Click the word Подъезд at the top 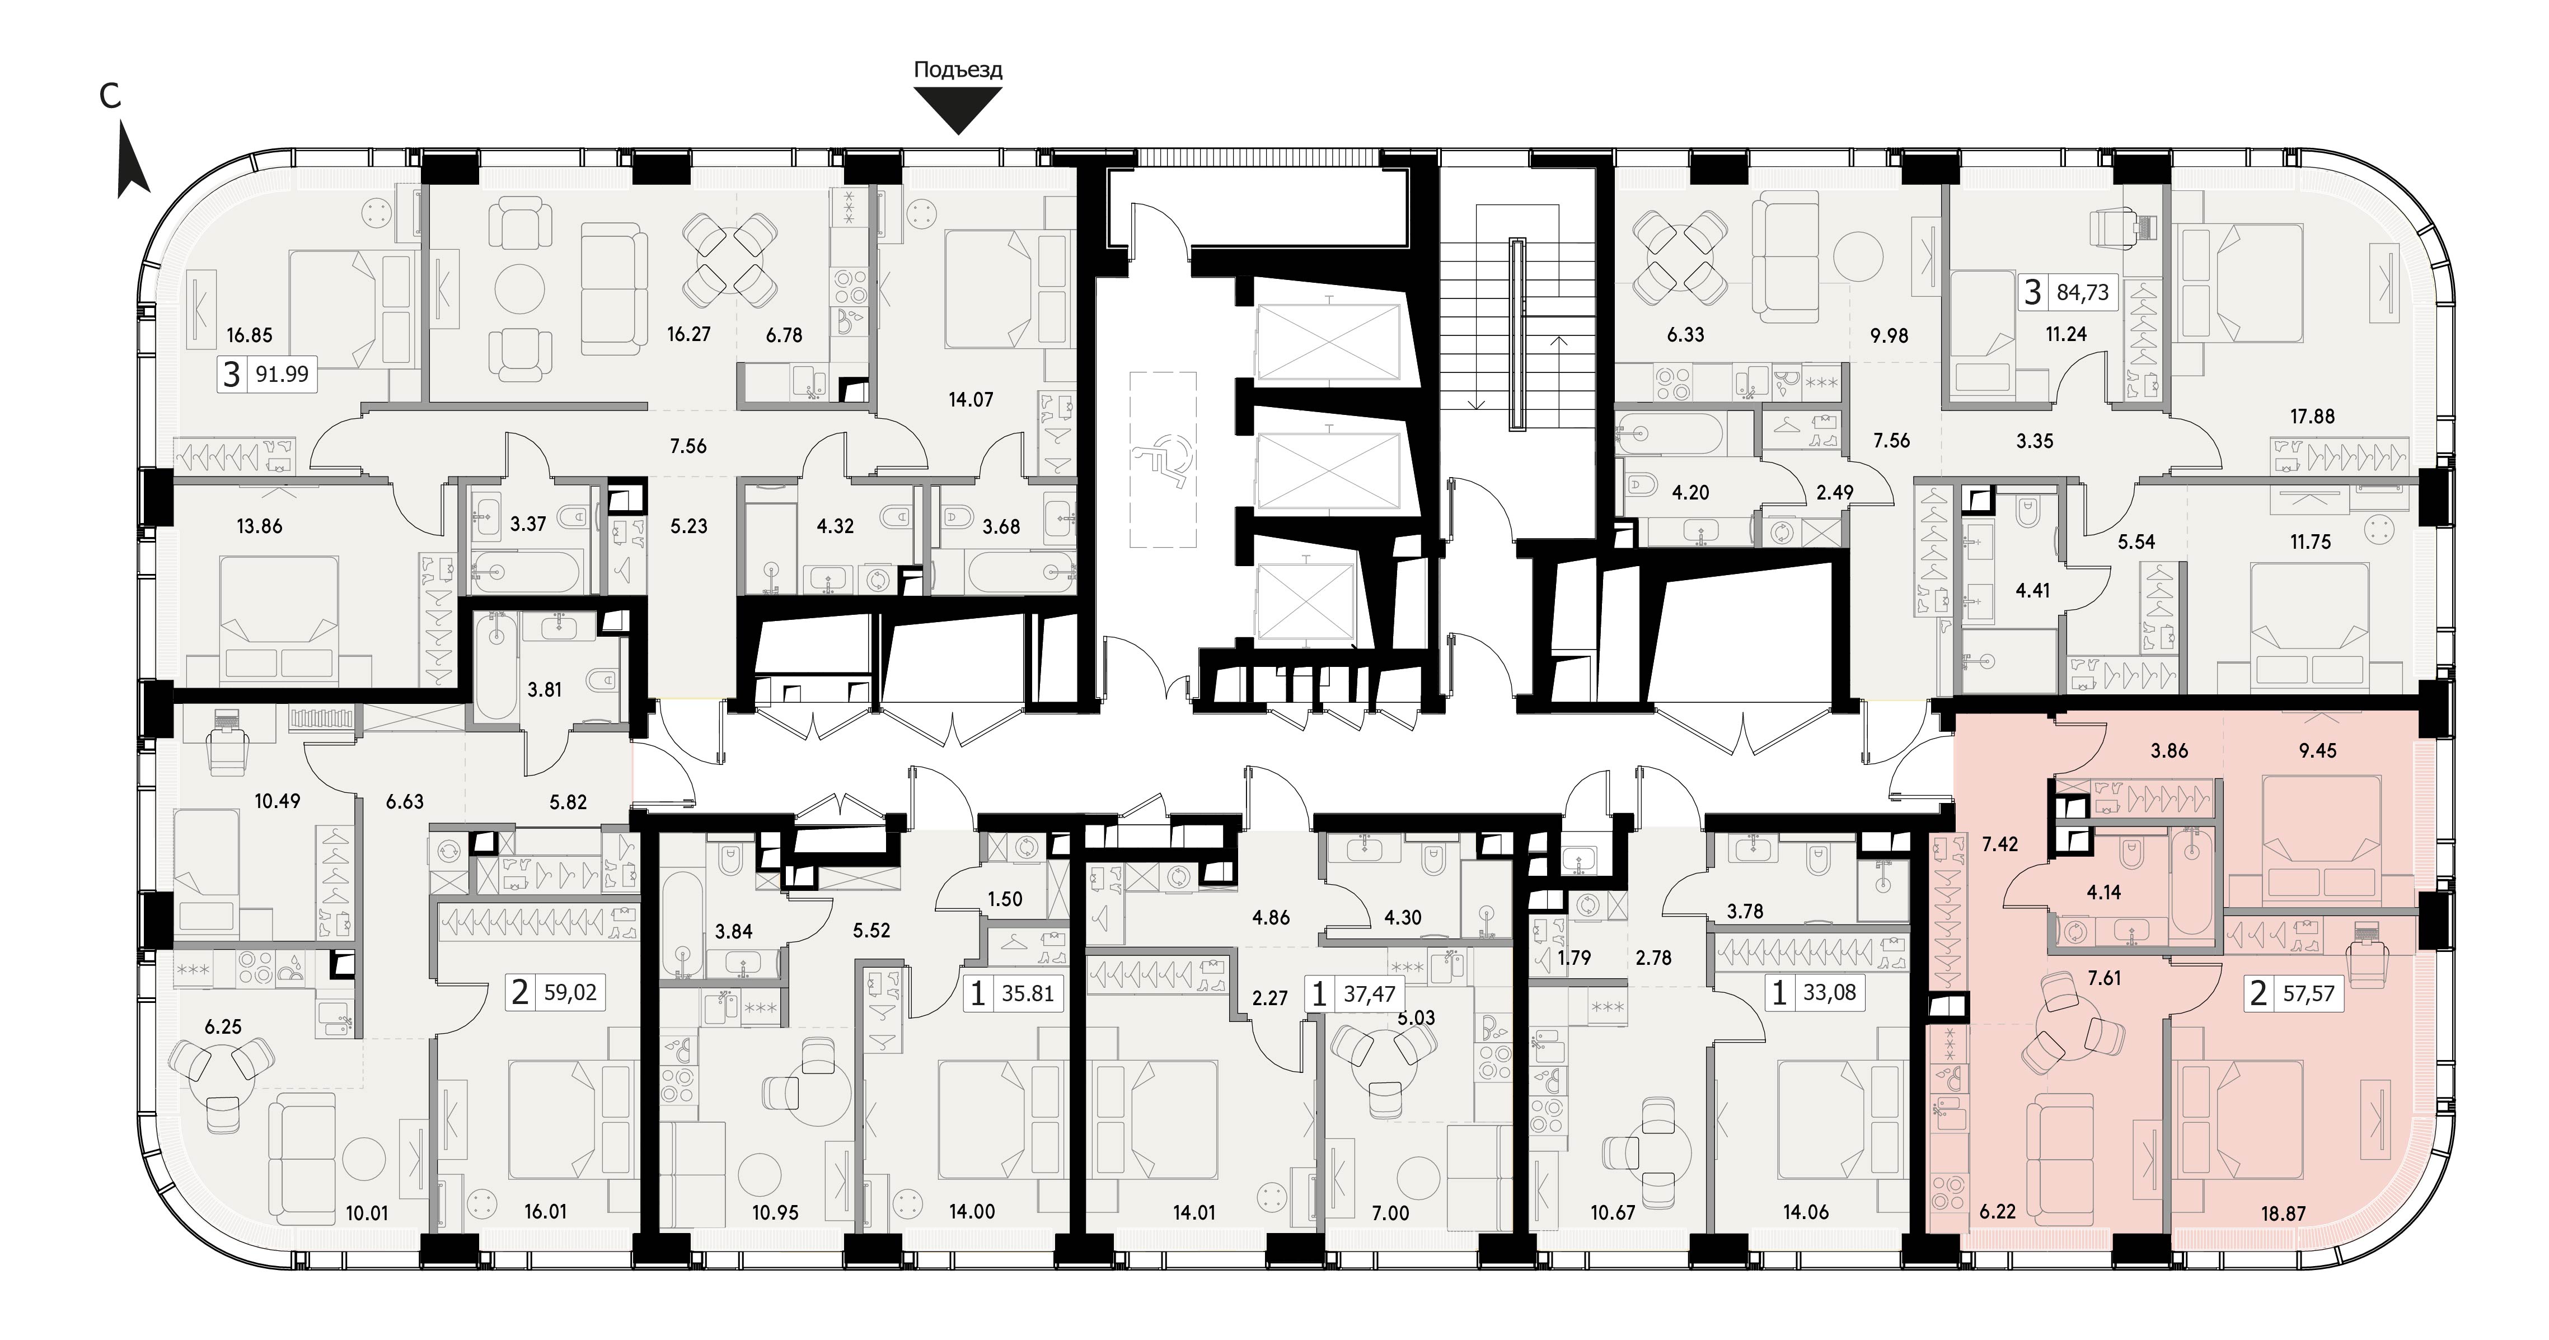[x=958, y=69]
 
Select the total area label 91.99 [x=282, y=374]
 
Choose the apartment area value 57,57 [x=2308, y=993]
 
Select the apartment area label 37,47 [x=1369, y=993]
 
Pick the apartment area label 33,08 [x=1830, y=992]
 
